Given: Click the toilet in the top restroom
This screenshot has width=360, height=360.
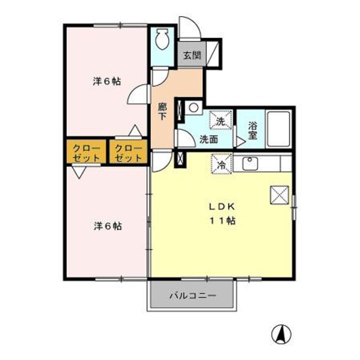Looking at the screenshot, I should click(x=161, y=38).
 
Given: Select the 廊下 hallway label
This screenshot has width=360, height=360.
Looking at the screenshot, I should click(x=162, y=110).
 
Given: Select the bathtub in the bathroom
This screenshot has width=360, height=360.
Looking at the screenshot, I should click(x=278, y=129).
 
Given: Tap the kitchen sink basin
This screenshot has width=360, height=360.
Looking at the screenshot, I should click(x=249, y=163).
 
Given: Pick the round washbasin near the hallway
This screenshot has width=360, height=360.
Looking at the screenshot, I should click(x=193, y=107).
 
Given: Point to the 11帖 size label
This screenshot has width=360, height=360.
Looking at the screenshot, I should click(x=221, y=220).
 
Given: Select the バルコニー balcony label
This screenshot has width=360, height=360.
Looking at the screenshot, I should click(x=192, y=296).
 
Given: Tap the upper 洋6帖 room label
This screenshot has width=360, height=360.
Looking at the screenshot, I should click(x=107, y=81).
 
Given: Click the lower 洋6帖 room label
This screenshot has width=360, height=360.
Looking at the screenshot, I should click(x=107, y=225).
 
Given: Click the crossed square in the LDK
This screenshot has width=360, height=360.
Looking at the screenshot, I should click(x=279, y=194).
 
